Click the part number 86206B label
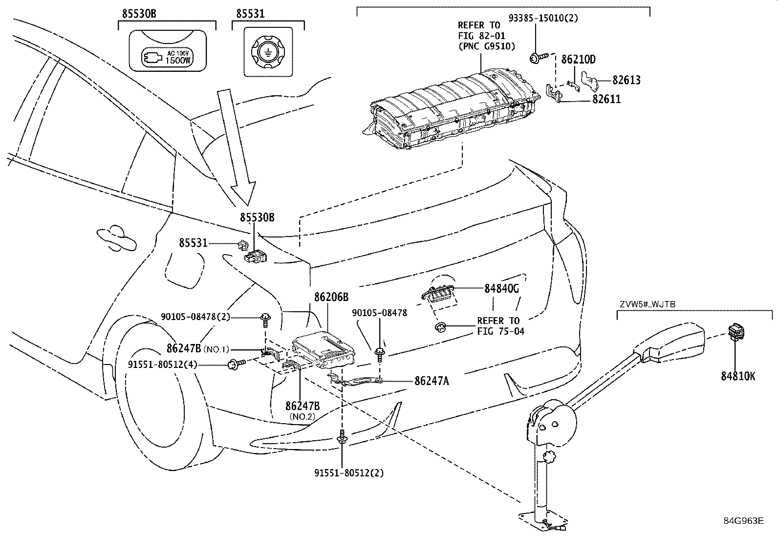[331, 297]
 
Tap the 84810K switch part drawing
[736, 333]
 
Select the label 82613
[627, 80]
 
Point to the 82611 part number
[606, 99]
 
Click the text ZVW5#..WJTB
[647, 304]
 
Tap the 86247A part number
[431, 381]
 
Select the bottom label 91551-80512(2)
[349, 473]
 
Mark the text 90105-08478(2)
[195, 317]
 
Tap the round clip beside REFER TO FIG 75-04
[441, 326]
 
